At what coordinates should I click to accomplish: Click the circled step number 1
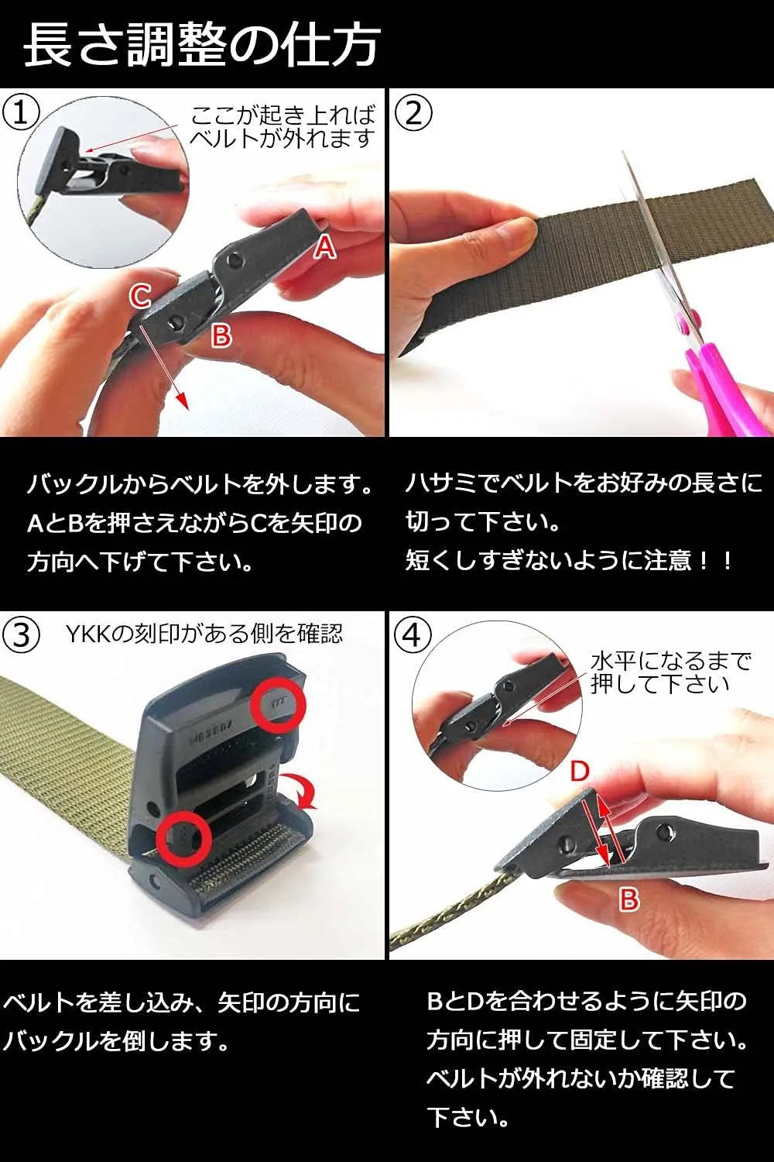pyautogui.click(x=21, y=114)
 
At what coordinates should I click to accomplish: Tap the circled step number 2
pyautogui.click(x=413, y=114)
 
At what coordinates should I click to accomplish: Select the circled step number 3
pyautogui.click(x=21, y=635)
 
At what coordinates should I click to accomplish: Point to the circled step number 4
pyautogui.click(x=413, y=635)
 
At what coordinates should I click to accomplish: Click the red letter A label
pyautogui.click(x=326, y=246)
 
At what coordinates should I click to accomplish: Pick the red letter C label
pyautogui.click(x=140, y=297)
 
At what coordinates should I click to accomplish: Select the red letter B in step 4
pyautogui.click(x=628, y=899)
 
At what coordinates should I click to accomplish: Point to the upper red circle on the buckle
pyautogui.click(x=279, y=706)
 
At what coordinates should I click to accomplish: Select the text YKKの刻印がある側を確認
pyautogui.click(x=204, y=634)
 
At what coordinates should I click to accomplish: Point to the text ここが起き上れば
pyautogui.click(x=283, y=115)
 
